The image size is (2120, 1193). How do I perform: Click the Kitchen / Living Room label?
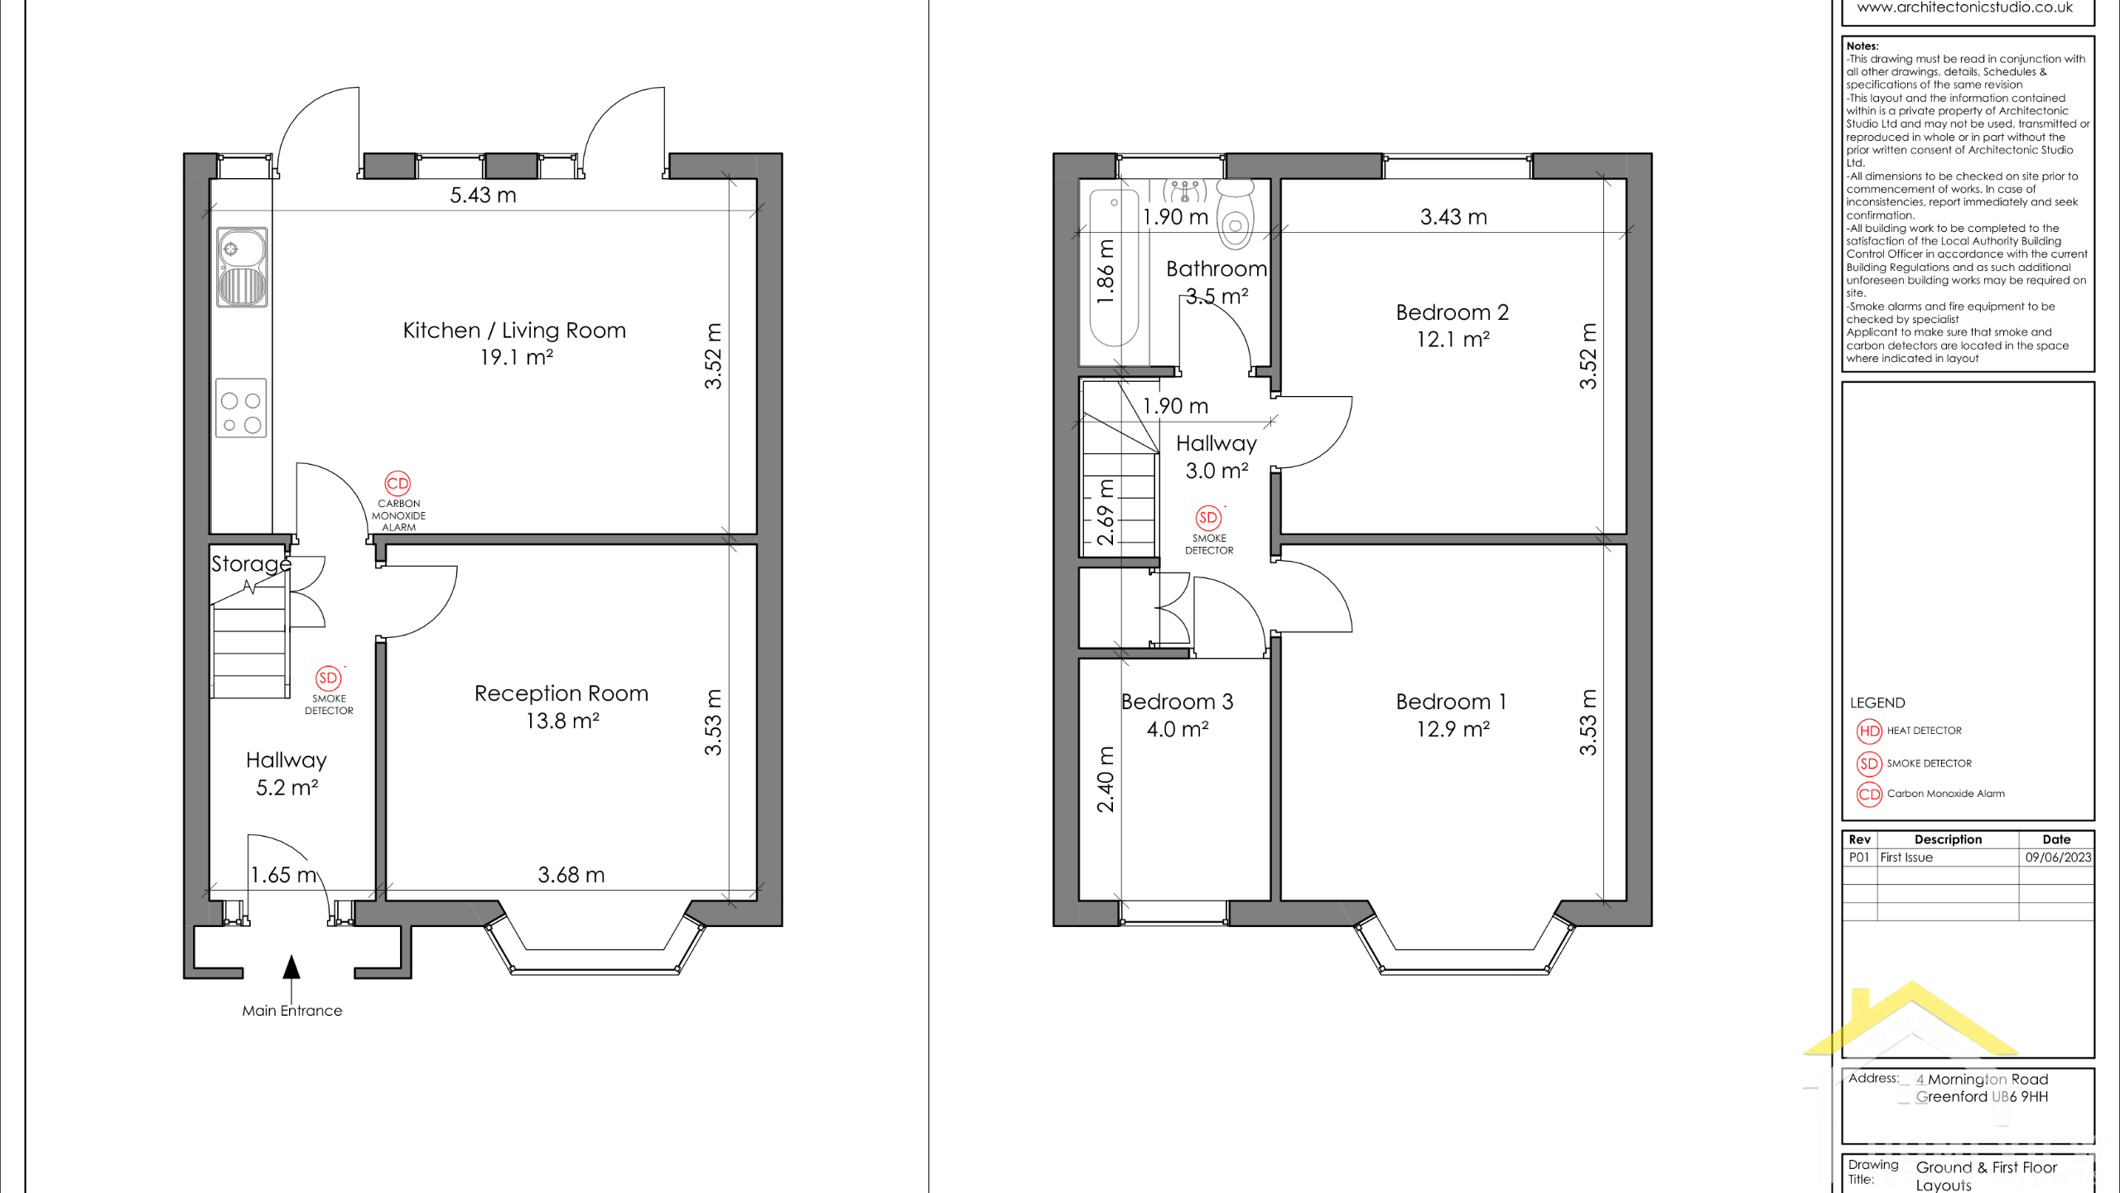click(x=514, y=331)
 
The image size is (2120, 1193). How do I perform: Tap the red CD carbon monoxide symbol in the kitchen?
click(x=397, y=483)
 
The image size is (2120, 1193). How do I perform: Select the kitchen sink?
click(x=242, y=267)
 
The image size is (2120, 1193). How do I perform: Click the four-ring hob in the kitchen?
click(x=241, y=408)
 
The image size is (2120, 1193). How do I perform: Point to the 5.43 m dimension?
click(x=483, y=196)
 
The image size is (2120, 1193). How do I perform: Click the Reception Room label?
click(x=561, y=693)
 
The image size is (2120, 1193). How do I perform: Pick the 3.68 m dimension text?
click(x=571, y=875)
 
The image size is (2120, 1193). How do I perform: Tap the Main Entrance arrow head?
click(x=291, y=967)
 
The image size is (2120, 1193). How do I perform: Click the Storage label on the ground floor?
click(x=251, y=564)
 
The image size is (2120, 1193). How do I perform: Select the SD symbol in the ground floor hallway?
click(x=328, y=678)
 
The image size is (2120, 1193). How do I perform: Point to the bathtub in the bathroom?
click(x=1115, y=268)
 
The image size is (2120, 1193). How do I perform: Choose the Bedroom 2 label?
click(x=1453, y=312)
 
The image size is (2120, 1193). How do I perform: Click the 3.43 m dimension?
click(x=1453, y=217)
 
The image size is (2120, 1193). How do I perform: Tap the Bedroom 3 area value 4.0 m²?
click(x=1178, y=729)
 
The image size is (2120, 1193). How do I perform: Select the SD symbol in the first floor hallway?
click(x=1208, y=518)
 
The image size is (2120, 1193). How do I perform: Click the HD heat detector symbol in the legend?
click(x=1869, y=731)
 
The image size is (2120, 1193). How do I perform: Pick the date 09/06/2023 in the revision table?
click(x=2058, y=857)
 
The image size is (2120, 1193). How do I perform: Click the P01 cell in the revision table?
click(x=1859, y=857)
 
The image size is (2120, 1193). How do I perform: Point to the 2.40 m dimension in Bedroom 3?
click(x=1106, y=780)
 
